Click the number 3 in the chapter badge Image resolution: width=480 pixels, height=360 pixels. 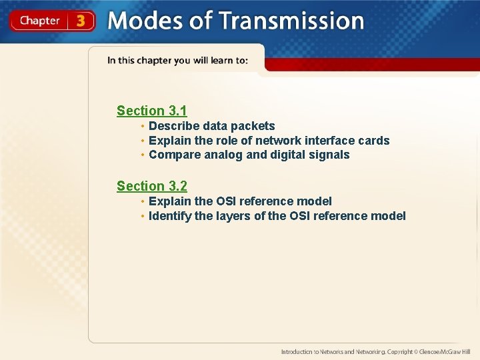[81, 21]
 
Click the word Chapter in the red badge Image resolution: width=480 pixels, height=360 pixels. [40, 21]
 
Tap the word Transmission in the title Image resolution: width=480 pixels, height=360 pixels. [291, 21]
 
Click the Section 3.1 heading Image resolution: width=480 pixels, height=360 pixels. [152, 111]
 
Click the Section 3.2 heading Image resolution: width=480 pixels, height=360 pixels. [152, 186]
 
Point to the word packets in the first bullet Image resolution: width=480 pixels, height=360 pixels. [253, 126]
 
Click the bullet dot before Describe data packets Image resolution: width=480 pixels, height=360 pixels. [143, 126]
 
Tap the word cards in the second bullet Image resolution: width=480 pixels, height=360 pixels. [373, 141]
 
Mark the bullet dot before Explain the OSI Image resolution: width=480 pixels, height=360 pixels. [143, 201]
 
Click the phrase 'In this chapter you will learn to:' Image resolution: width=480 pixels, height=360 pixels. [177, 61]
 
